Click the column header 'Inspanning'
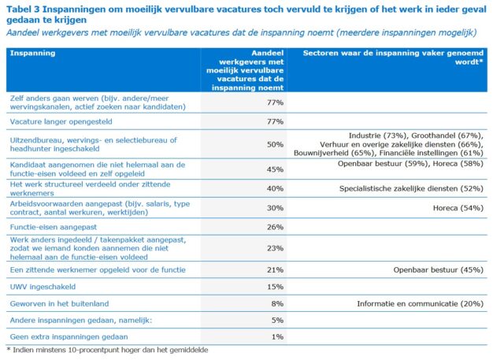coord(32,53)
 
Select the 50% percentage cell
coord(275,145)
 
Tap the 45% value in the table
coord(275,169)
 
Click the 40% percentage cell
coord(275,189)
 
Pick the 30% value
coord(275,208)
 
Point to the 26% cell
coord(275,227)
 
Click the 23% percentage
coord(275,248)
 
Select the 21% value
coord(275,270)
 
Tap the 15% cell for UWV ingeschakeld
coord(275,287)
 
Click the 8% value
coord(277,304)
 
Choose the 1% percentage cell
coord(277,337)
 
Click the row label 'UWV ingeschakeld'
coord(43,287)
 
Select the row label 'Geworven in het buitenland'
coord(60,304)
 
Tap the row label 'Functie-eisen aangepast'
coord(54,227)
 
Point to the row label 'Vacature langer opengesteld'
coord(61,122)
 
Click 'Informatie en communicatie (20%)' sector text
coord(420,304)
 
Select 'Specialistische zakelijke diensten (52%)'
coord(411,189)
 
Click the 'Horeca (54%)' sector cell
coord(458,208)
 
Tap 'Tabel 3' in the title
coord(23,9)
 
